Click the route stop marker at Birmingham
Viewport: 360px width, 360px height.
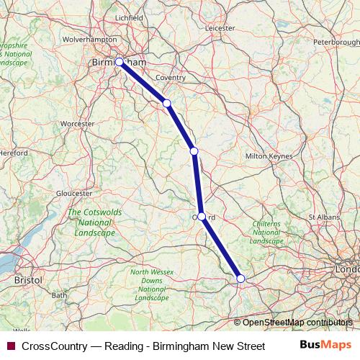(120, 62)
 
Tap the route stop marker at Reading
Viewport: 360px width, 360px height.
(240, 278)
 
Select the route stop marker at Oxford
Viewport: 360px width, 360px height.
(202, 216)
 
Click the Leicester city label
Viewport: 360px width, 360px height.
(220, 29)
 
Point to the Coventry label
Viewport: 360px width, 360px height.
(171, 77)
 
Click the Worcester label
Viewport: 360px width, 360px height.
(78, 124)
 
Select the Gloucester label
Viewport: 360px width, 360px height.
(74, 194)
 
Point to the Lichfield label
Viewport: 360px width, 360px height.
(130, 17)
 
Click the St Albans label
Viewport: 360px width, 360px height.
(323, 216)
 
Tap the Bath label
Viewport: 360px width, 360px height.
(59, 295)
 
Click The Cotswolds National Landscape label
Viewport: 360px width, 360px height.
(91, 222)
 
